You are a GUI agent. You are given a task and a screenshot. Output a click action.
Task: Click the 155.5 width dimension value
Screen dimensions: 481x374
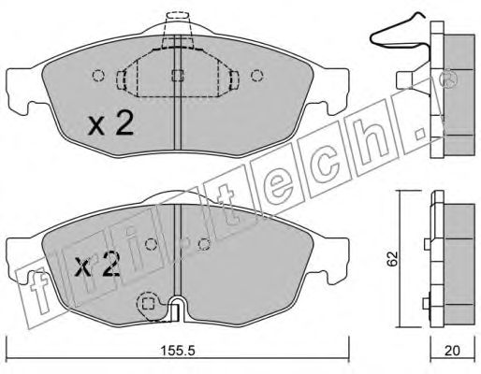178,352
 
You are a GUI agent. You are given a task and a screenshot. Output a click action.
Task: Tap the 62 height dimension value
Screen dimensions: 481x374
392,258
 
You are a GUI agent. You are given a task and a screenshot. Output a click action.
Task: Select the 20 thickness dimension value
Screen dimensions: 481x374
452,352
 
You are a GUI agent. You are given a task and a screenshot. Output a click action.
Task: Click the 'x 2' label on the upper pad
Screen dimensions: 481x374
110,123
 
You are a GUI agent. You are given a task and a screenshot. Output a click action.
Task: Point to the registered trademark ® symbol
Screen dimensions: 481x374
447,79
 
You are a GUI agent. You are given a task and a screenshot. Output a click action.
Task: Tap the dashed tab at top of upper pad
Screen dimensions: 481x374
178,16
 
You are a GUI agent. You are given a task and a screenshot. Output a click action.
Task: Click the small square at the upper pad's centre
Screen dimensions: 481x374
178,75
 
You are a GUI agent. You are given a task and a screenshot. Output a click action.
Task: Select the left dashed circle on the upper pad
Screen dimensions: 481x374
98,76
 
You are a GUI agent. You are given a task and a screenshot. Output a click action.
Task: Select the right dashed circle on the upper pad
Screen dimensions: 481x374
257,76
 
